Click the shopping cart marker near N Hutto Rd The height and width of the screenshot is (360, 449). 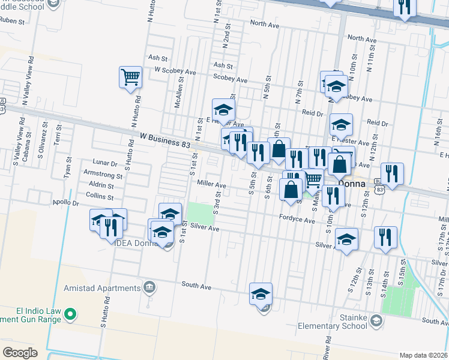pyautogui.click(x=130, y=77)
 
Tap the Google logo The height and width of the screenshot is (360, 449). pyautogui.click(x=20, y=352)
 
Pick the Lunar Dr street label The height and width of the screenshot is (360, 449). pyautogui.click(x=105, y=163)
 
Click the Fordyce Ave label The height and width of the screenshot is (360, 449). pyautogui.click(x=297, y=220)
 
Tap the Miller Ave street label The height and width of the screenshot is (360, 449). pyautogui.click(x=209, y=185)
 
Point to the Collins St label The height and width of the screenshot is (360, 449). pyautogui.click(x=99, y=196)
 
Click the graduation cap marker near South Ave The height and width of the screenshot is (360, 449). pyautogui.click(x=261, y=295)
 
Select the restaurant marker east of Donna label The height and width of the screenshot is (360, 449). pyautogui.click(x=392, y=175)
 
